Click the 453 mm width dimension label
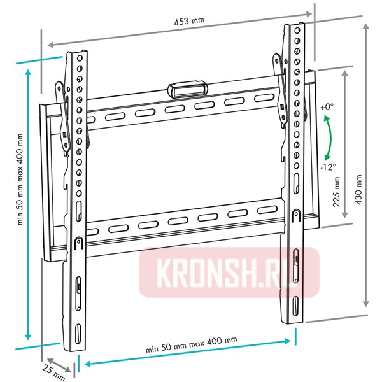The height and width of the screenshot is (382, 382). (189, 21)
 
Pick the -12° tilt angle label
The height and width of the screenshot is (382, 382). (329, 167)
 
